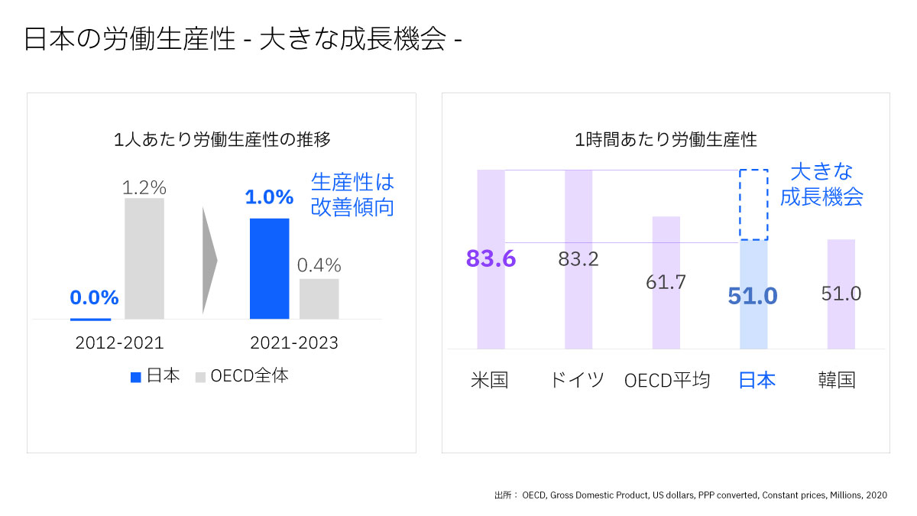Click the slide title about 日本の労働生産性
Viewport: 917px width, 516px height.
point(243,40)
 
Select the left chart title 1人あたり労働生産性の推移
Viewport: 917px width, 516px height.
point(222,140)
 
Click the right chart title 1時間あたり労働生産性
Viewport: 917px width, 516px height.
point(666,140)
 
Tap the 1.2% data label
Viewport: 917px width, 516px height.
point(144,187)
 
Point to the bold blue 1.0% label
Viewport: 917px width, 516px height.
point(269,197)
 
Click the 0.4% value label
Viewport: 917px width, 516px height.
point(319,265)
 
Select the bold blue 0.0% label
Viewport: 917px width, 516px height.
point(94,297)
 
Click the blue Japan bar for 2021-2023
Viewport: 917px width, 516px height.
point(269,268)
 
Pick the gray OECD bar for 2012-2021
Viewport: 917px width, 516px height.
point(144,258)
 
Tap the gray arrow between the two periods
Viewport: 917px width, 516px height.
point(209,261)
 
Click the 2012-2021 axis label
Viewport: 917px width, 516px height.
point(119,343)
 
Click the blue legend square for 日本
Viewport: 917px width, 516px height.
point(136,377)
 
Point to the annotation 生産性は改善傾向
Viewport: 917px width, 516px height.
point(352,194)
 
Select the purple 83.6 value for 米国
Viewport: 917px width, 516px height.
point(491,259)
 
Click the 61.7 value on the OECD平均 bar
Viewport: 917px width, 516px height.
point(666,282)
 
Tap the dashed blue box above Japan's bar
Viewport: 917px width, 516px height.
point(753,204)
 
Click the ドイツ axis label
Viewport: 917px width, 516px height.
point(577,380)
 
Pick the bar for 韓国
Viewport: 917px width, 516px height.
point(841,294)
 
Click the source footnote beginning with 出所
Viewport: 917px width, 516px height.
point(691,495)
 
